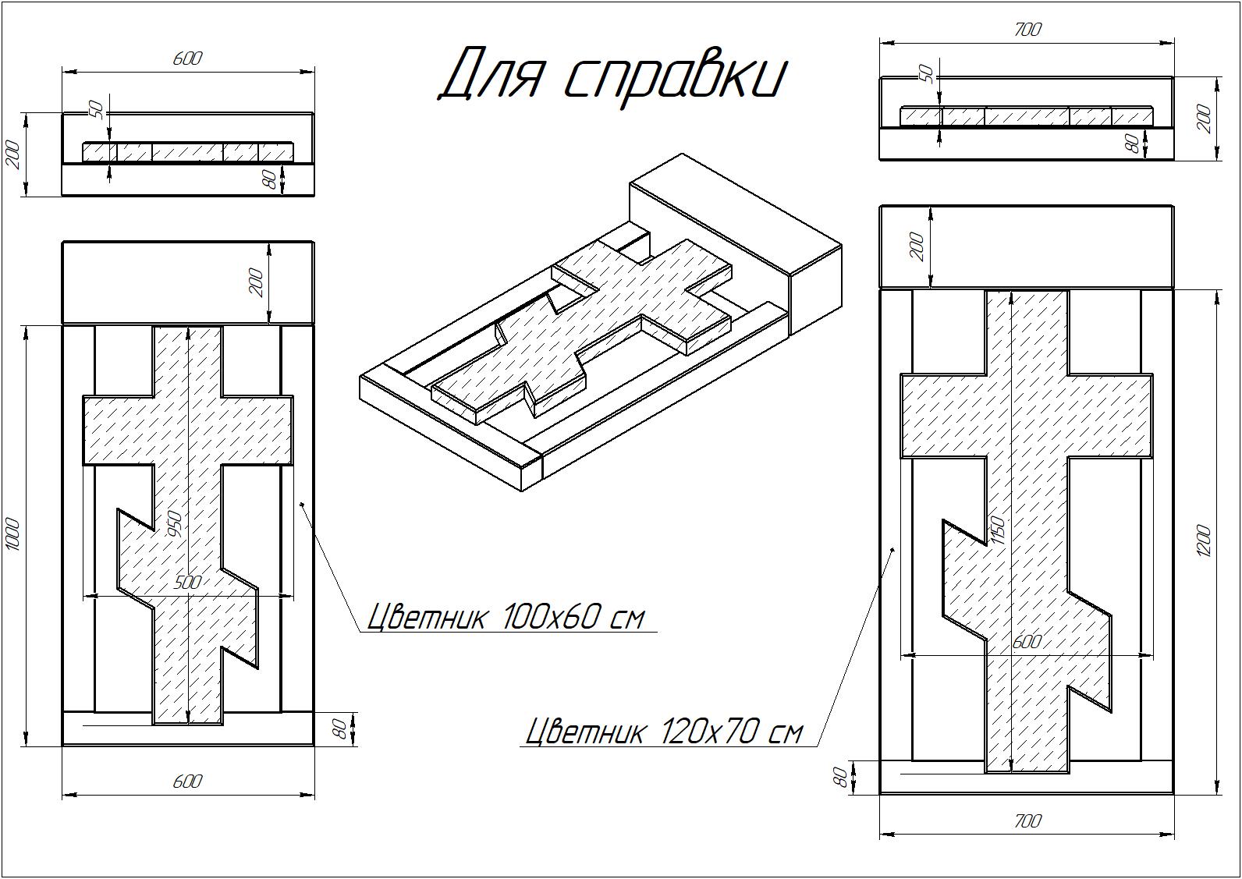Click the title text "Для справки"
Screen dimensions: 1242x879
[x=612, y=79]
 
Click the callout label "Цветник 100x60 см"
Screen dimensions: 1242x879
[x=506, y=616]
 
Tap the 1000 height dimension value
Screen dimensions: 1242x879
[x=14, y=534]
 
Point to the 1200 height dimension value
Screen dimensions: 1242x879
[x=1204, y=541]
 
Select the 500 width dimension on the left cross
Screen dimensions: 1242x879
[x=187, y=582]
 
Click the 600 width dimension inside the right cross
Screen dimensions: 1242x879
[x=1027, y=641]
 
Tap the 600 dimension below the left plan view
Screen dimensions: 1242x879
[x=187, y=782]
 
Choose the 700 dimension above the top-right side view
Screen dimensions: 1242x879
[x=1027, y=30]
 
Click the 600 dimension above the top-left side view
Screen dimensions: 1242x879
[x=187, y=58]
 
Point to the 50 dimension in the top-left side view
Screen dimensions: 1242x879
[x=97, y=109]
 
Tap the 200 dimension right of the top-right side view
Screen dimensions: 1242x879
[x=1204, y=118]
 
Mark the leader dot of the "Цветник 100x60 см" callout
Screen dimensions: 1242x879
[x=302, y=504]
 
